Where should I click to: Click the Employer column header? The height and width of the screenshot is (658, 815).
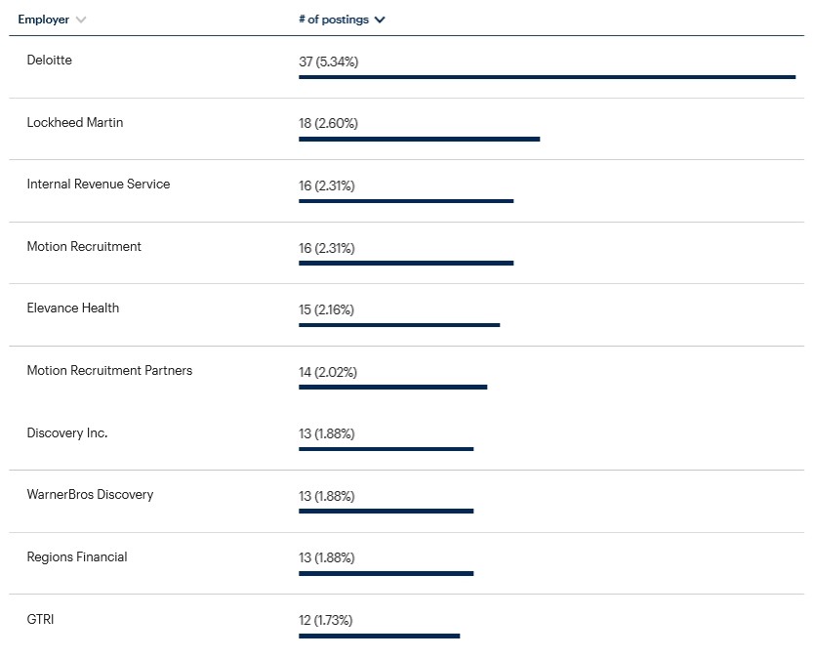44,20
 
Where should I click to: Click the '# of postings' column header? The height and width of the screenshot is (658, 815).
334,20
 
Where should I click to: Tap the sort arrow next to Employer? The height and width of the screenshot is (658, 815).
81,20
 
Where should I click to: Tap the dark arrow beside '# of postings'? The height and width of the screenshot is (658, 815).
380,20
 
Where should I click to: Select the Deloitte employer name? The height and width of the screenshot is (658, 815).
50,60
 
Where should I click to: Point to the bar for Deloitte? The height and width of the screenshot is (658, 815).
548,77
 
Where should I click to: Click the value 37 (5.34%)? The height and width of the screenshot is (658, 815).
329,62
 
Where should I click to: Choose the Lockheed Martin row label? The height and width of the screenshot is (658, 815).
75,122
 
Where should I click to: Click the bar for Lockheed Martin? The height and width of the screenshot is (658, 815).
420,139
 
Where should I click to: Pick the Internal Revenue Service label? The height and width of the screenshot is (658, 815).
99,184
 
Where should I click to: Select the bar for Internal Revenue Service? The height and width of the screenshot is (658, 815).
406,201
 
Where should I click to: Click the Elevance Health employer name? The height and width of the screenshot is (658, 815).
73,308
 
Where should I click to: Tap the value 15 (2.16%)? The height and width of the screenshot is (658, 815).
326,309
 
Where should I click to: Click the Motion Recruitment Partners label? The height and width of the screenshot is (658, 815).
109,370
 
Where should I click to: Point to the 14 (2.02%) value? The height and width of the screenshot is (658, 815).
328,372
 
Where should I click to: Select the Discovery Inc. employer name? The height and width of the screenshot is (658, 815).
67,432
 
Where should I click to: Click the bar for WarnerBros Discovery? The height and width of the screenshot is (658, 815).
387,511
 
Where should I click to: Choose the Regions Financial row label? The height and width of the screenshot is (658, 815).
77,556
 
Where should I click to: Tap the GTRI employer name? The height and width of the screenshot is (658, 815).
40,619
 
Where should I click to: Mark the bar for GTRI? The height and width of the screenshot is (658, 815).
380,636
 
